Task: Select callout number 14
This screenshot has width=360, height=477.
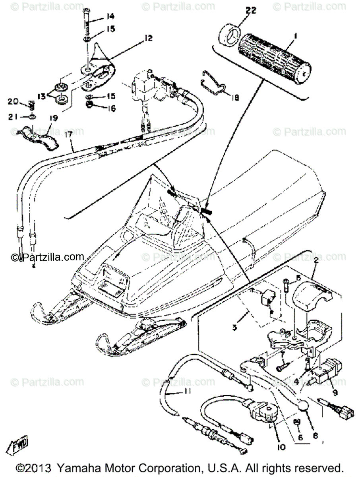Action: point(110,16)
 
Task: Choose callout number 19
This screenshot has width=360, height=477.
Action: point(54,118)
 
